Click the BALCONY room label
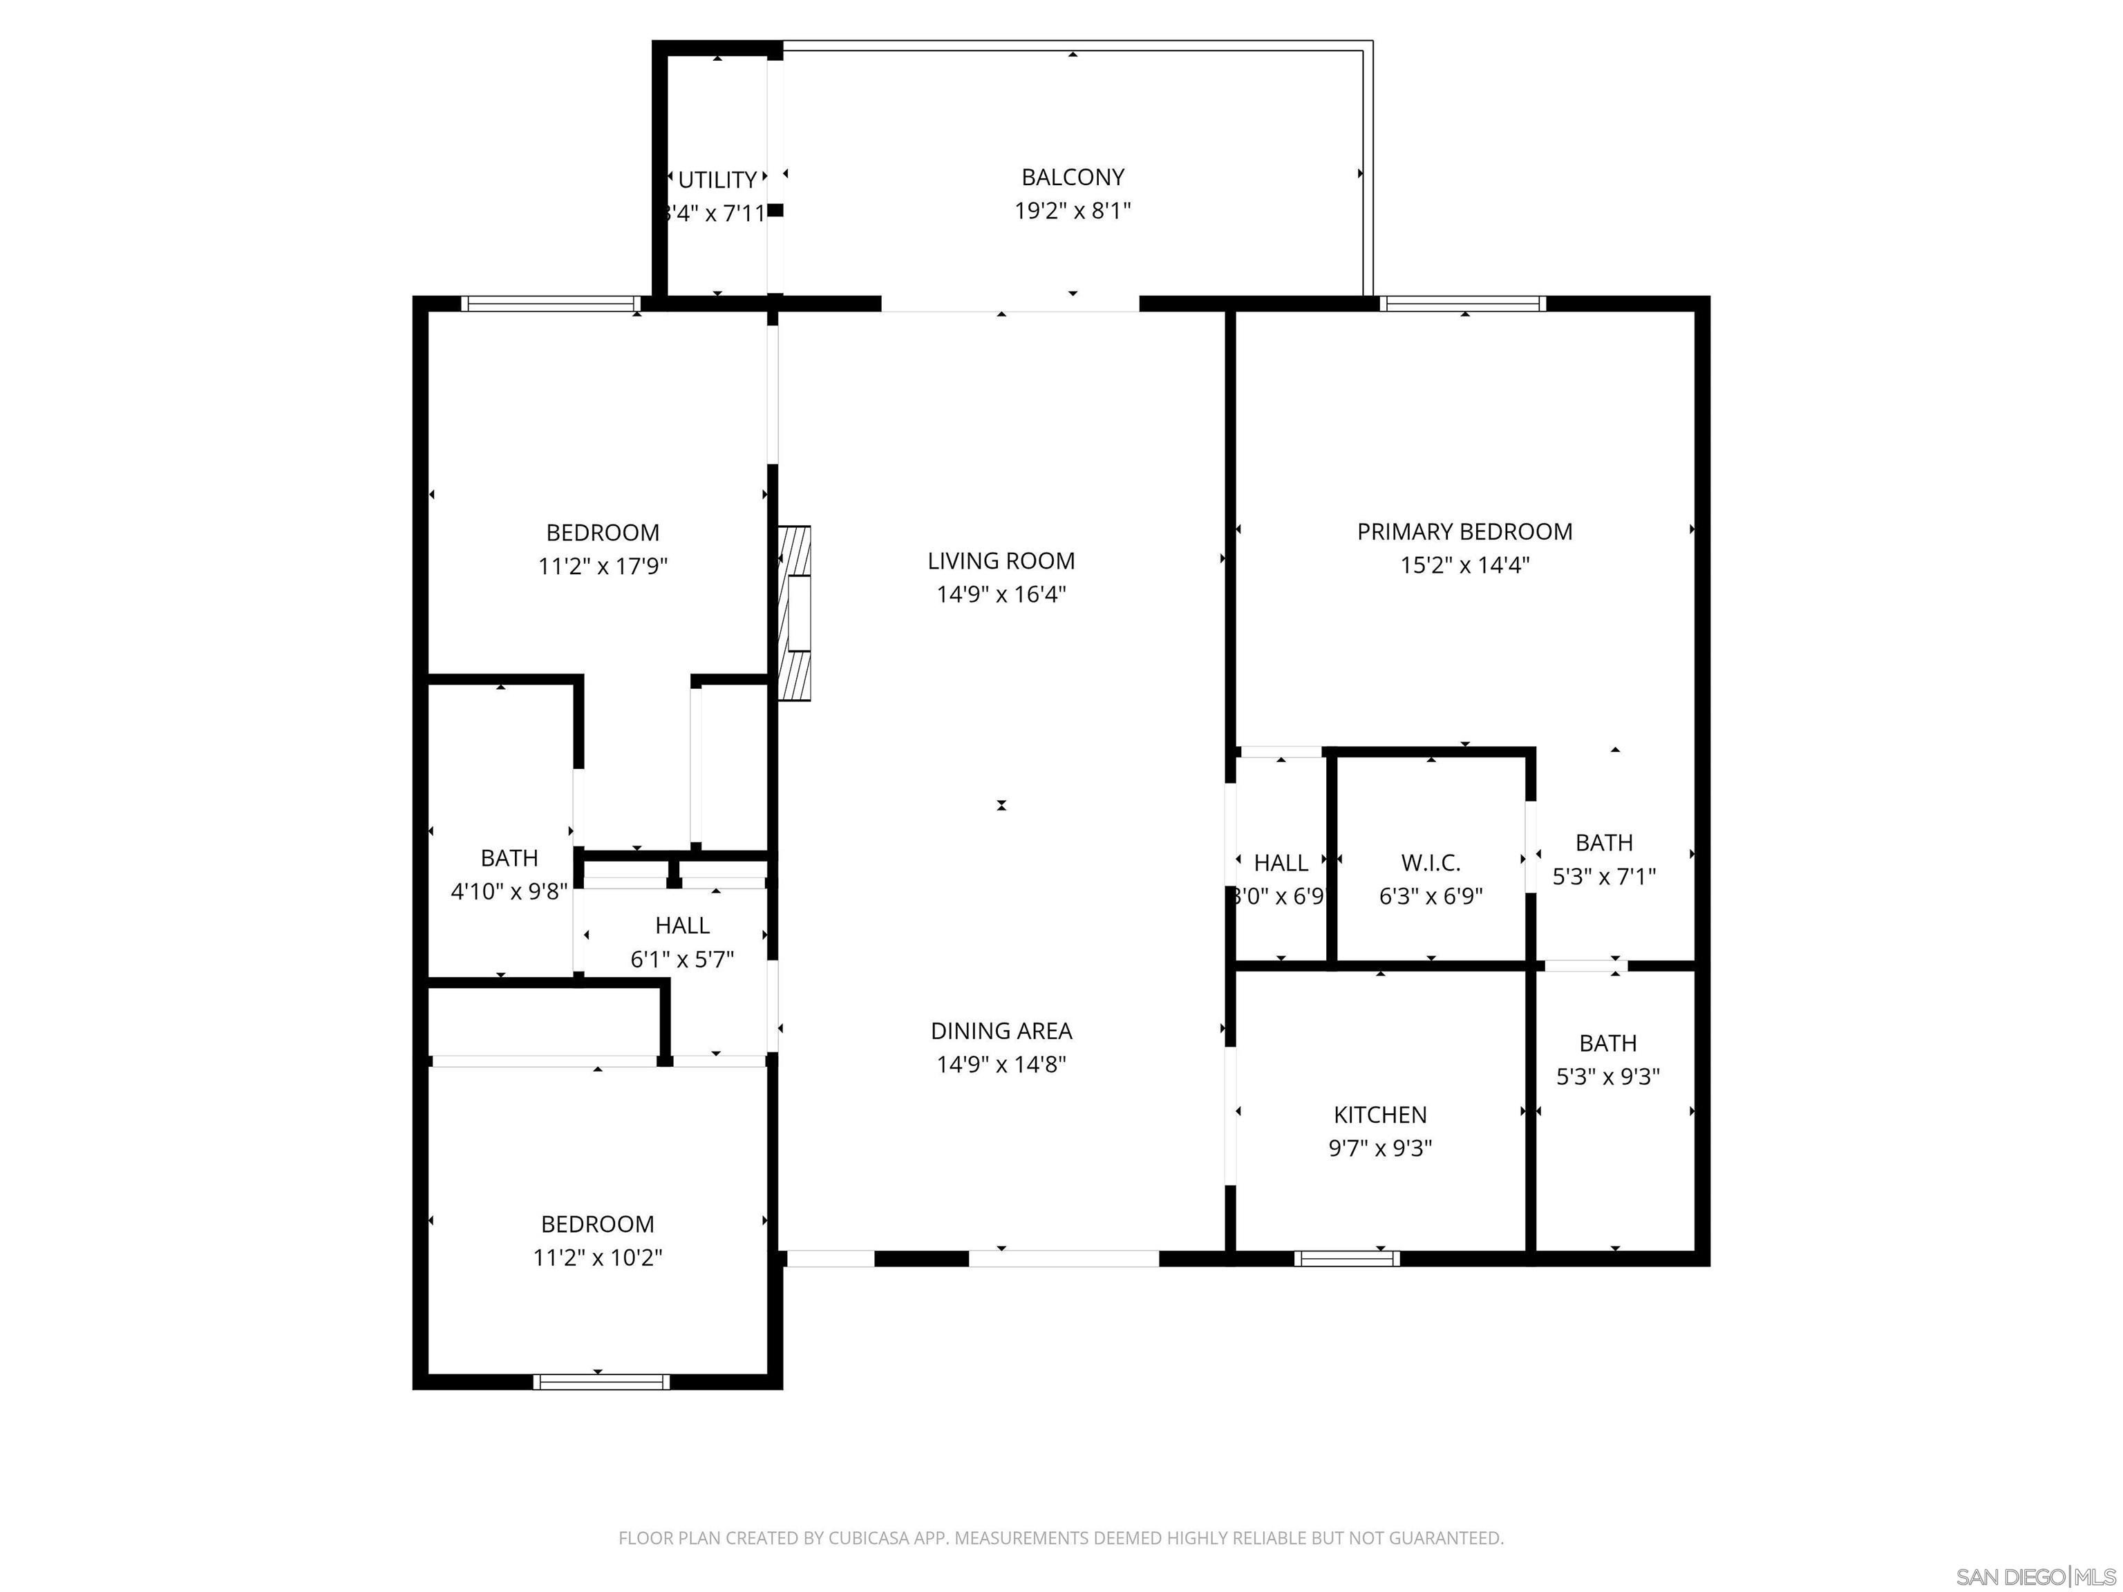1072,178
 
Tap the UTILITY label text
717,180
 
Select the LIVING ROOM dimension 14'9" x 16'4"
1001,594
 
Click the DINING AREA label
1001,1031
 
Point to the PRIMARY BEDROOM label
1464,531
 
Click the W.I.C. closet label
1430,863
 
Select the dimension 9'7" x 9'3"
1379,1148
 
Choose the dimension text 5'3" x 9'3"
1607,1077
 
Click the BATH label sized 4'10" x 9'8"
509,858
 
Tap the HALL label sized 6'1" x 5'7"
681,925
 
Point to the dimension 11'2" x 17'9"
602,566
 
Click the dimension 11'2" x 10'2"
597,1257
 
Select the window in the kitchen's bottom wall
1346,1258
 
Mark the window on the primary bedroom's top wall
1463,303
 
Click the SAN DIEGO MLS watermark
2035,1577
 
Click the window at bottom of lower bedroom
601,1382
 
